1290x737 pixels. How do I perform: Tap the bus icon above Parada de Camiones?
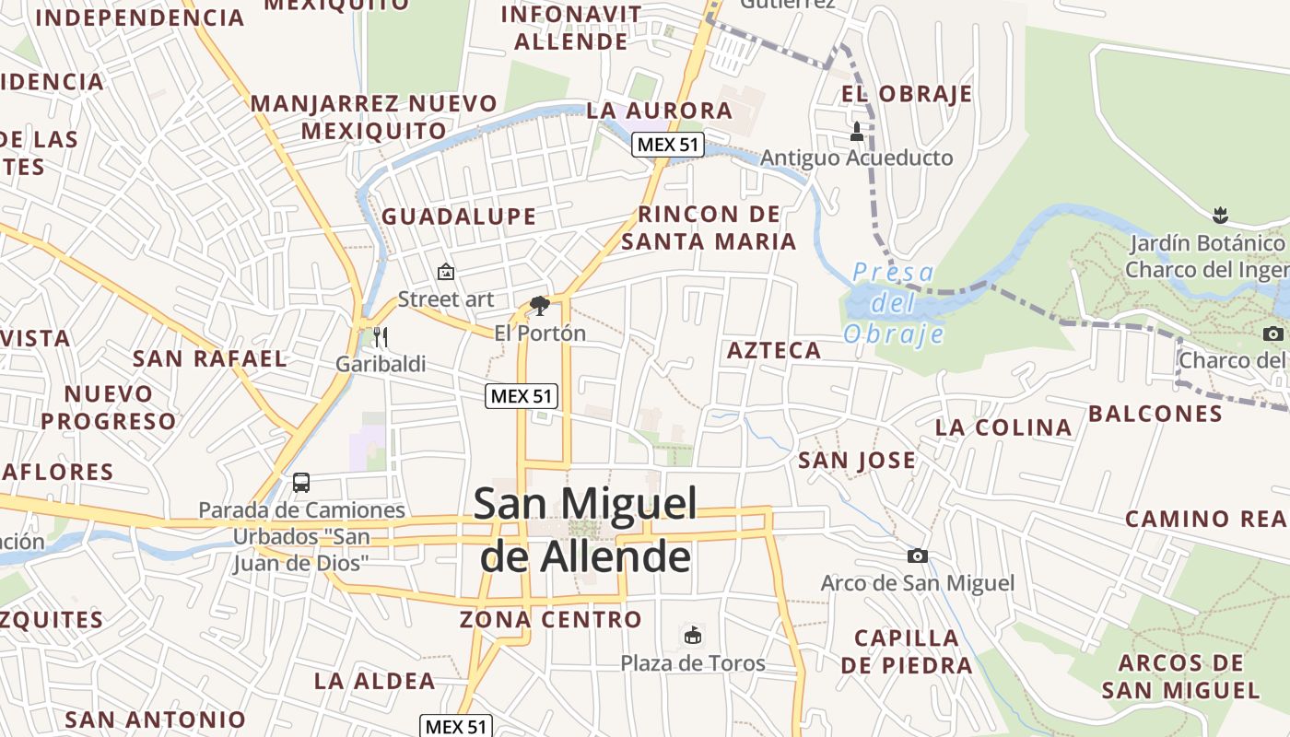click(301, 482)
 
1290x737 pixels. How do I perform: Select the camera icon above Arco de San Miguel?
click(918, 556)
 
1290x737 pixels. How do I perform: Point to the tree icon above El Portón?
click(540, 306)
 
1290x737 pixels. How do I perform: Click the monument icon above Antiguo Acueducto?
click(857, 132)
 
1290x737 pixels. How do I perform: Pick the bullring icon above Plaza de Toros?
click(692, 635)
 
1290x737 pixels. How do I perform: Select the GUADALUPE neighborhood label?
click(459, 216)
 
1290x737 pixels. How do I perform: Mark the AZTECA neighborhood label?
click(774, 350)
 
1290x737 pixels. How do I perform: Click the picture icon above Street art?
click(446, 272)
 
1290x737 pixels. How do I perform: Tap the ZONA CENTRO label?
click(551, 619)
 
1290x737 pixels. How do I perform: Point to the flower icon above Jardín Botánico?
click(1220, 216)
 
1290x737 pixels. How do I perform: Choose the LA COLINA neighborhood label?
click(1003, 427)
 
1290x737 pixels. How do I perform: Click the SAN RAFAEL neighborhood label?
click(210, 358)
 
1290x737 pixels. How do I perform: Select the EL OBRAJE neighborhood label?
click(907, 94)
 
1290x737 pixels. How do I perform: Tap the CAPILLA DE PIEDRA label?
click(907, 651)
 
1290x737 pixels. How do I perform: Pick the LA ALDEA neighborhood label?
click(374, 681)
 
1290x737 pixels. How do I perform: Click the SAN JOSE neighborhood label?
click(857, 460)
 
